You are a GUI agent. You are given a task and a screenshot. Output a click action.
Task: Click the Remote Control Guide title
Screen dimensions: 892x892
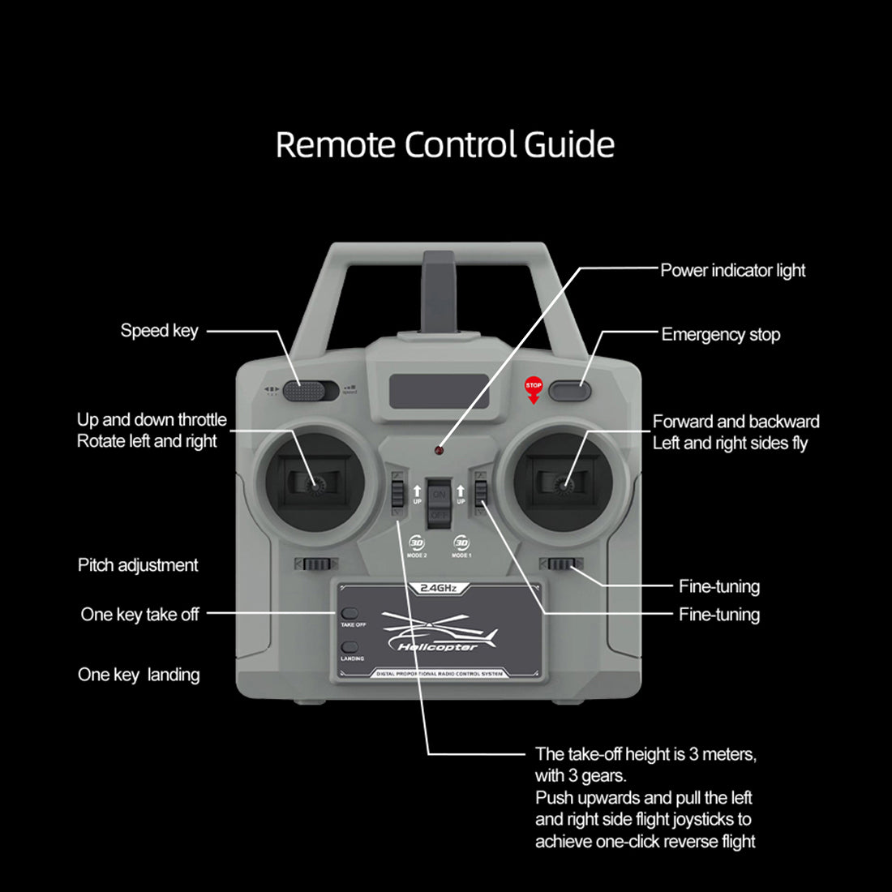(444, 145)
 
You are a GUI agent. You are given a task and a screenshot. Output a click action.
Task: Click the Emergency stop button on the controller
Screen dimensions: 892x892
(569, 391)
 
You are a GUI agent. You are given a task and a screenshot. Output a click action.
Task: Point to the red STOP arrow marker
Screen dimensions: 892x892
(534, 391)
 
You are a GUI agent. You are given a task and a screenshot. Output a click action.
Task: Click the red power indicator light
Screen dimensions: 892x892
(439, 449)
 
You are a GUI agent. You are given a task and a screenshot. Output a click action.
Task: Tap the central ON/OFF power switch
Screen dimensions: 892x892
(439, 504)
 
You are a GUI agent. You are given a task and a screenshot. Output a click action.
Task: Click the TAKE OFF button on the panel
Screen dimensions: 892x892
(350, 614)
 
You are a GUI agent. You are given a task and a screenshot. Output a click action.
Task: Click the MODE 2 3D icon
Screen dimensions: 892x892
(417, 543)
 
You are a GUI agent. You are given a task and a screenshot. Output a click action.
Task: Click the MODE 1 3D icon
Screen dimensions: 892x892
(461, 543)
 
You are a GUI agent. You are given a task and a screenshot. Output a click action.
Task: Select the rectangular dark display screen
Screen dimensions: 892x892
(439, 392)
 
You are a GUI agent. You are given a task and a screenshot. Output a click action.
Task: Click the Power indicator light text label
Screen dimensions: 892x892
(732, 271)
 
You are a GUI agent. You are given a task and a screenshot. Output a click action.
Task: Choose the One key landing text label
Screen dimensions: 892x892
(139, 675)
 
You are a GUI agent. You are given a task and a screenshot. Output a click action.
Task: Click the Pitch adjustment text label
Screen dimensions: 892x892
(138, 565)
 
